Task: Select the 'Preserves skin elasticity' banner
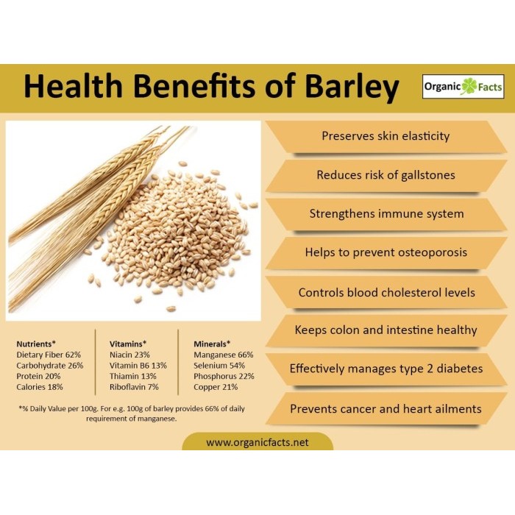[x=386, y=136]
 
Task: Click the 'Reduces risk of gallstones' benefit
[x=386, y=175]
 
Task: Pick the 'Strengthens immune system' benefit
[x=386, y=214]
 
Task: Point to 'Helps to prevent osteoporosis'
[x=386, y=252]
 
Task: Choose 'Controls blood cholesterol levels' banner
[x=386, y=292]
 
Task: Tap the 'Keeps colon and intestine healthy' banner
[x=386, y=330]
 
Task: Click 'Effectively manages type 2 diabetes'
[x=386, y=369]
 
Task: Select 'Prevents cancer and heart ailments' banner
[x=386, y=408]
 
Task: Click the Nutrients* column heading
[x=36, y=344]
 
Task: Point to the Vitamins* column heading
[x=128, y=344]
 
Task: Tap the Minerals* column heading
[x=212, y=344]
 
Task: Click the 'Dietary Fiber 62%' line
[x=49, y=354]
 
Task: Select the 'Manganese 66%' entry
[x=224, y=354]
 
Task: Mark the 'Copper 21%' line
[x=215, y=386]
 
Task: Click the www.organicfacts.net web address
[x=257, y=443]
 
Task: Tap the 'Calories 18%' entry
[x=40, y=386]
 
